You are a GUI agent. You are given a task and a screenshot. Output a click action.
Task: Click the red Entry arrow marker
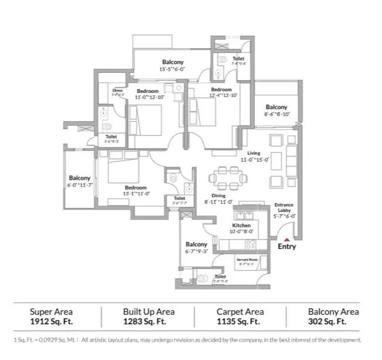[x=286, y=239]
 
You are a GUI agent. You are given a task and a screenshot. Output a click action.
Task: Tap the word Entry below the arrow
[x=286, y=247]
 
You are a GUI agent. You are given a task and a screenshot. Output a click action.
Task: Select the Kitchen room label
[x=241, y=226]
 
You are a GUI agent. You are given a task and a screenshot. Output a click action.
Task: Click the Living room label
[x=253, y=153]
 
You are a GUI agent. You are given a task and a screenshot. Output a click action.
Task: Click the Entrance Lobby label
[x=285, y=208]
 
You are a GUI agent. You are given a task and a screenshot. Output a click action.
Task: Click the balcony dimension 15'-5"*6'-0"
[x=173, y=69]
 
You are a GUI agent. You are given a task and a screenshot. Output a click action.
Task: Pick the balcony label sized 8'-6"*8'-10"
[x=276, y=115]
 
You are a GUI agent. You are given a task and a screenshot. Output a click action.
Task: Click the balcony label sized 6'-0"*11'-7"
[x=80, y=185]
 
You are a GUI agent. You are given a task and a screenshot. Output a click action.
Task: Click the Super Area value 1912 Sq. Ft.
[x=51, y=322]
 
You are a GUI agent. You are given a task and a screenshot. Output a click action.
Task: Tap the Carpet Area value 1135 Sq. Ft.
[x=238, y=322]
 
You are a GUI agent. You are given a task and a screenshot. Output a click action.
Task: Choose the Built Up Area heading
[x=148, y=312]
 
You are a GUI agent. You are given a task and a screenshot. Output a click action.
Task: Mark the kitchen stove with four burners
[x=250, y=243]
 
